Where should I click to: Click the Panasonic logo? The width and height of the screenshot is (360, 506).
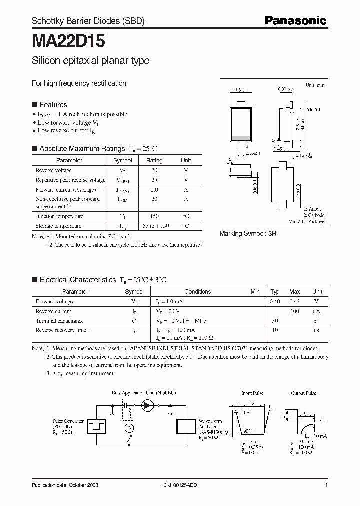pos(296,21)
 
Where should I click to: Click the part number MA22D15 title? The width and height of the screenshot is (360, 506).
pos(68,41)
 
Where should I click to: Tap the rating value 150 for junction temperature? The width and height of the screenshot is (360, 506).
pos(154,216)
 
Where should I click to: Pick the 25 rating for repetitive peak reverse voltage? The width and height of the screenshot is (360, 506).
pos(154,180)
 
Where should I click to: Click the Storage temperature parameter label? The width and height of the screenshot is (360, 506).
pos(59,226)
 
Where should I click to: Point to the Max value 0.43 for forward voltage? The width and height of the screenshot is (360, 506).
pos(295,302)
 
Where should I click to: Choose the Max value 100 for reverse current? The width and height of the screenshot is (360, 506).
pos(295,311)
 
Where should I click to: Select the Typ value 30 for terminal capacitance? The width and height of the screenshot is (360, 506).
pos(274,321)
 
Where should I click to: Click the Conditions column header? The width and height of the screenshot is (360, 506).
pos(197,292)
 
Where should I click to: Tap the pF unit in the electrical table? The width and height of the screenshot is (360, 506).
pos(317,321)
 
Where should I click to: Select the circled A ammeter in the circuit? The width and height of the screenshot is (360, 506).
pos(128,428)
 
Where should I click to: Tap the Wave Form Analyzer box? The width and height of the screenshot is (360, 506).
pos(185,426)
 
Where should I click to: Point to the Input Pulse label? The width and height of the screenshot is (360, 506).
pos(252,394)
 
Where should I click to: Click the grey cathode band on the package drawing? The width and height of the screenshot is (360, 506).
pos(240,138)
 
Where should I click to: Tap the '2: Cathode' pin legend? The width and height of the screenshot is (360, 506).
pos(313,215)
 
